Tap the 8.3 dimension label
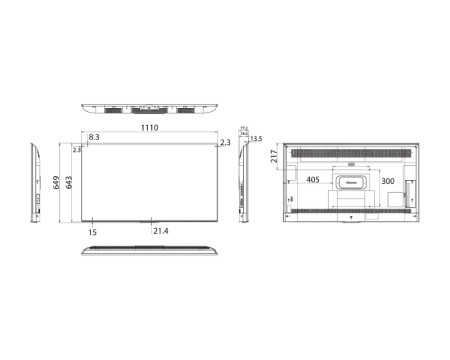94,138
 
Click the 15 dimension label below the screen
92,232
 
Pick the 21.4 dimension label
161,232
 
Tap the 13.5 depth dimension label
257,139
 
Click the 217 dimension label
275,156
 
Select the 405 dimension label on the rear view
312,181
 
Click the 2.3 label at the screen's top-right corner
224,143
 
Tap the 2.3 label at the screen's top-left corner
78,150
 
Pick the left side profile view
36,183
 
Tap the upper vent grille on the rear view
350,153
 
